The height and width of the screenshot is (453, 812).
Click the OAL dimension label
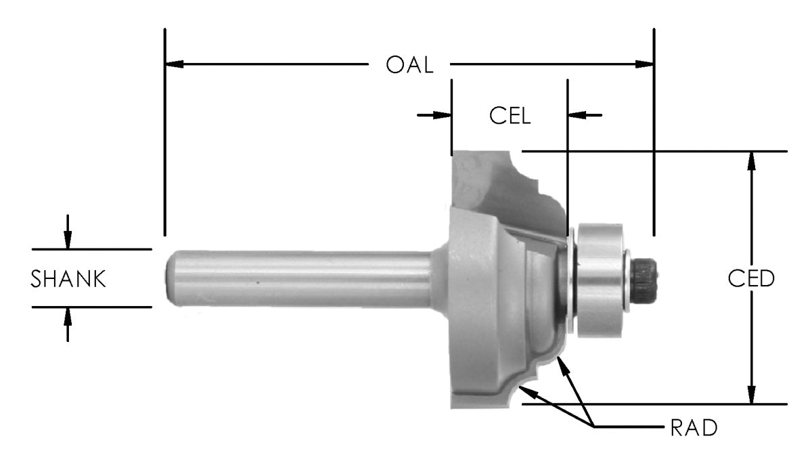(x=409, y=65)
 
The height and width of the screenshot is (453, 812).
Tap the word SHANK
(x=68, y=278)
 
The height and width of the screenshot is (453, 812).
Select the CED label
(x=751, y=278)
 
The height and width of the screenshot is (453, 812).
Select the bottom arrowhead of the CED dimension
(x=750, y=395)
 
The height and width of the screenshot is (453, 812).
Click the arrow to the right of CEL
(x=576, y=115)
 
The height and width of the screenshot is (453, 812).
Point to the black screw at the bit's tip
(x=647, y=278)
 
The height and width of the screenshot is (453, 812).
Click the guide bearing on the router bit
(x=599, y=278)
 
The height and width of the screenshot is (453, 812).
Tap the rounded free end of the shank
(x=172, y=278)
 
